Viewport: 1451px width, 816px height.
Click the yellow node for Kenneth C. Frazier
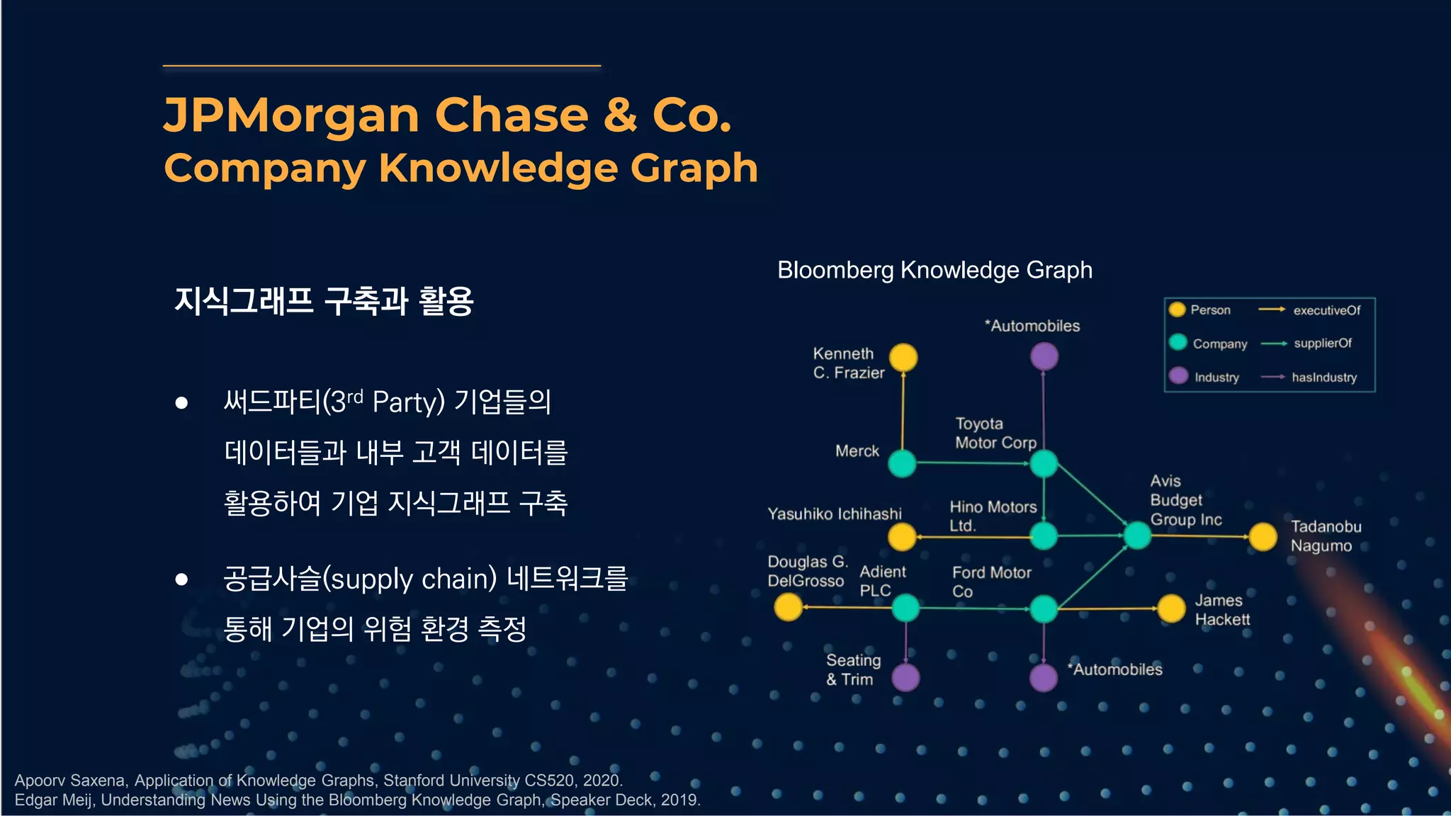point(903,358)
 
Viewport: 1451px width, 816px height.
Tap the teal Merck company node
point(902,463)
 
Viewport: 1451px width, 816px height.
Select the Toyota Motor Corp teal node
point(1044,463)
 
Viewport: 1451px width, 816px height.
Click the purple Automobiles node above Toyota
point(1044,356)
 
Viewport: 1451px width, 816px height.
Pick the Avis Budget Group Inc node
point(1137,535)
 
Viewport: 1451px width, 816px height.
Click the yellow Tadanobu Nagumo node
point(1263,537)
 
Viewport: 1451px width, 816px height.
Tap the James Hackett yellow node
point(1171,608)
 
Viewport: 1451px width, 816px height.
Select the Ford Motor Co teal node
point(1044,608)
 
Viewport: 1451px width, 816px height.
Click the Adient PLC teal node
point(905,608)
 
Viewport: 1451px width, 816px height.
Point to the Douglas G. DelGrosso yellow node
point(788,607)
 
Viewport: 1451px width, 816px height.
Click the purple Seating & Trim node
point(905,677)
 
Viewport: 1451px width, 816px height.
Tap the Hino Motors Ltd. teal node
point(1044,536)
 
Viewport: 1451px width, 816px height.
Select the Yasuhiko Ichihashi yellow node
point(902,537)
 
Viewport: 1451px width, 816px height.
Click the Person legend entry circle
point(1178,310)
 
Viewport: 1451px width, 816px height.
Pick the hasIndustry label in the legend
point(1323,378)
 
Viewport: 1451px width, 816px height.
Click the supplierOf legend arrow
point(1273,344)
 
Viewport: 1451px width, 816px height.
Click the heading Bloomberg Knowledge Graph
point(935,270)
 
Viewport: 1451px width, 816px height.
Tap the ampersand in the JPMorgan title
point(620,115)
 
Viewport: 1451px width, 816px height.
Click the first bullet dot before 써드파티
point(181,403)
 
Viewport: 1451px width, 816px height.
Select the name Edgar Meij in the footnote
point(55,800)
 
